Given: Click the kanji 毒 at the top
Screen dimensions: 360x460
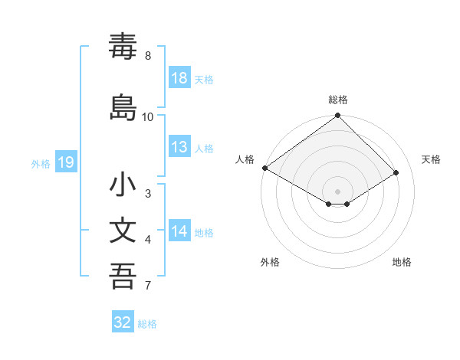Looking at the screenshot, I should (123, 47).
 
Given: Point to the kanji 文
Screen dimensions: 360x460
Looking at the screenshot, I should (123, 230).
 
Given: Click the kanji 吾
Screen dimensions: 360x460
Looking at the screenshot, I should (123, 275).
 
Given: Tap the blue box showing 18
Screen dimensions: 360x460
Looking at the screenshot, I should (179, 78).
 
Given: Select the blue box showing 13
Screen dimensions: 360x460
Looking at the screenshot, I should (179, 147).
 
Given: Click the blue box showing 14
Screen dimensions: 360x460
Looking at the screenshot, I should (179, 231).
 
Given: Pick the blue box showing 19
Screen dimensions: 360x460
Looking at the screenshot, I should (66, 162).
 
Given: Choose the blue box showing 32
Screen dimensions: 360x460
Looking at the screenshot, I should (123, 322).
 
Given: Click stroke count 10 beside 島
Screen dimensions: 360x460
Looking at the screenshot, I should (148, 117).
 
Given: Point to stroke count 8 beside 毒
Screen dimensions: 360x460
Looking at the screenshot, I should (148, 56).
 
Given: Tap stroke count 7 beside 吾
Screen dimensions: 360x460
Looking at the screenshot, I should (148, 286).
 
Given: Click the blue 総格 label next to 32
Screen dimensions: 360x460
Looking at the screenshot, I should (147, 324).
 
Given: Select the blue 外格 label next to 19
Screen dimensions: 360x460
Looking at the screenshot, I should (41, 163).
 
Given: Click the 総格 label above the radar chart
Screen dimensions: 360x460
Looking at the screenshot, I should (338, 100).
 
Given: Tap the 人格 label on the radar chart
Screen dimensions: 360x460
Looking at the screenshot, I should (245, 159).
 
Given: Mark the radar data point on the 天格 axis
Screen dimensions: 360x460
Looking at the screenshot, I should (396, 173).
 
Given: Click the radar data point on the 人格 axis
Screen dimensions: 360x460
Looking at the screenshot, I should (264, 168).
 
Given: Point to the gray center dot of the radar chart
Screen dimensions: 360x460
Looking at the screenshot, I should (338, 191).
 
